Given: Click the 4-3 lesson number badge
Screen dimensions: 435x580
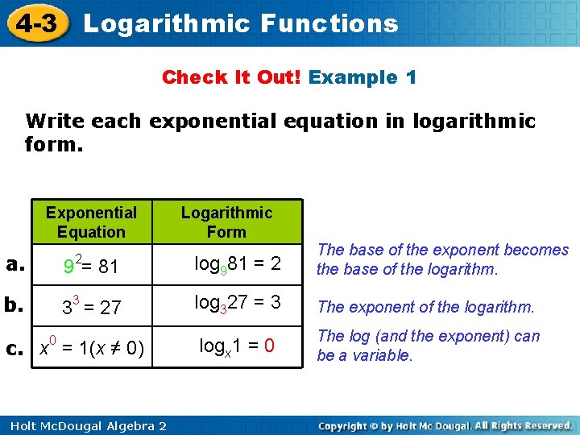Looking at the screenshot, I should (35, 23).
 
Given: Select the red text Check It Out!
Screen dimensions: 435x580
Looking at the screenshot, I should (232, 77).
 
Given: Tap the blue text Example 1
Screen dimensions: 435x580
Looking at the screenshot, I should (362, 77).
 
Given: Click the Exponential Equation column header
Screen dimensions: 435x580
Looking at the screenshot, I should (91, 222).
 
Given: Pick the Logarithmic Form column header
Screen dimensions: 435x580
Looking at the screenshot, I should (226, 222).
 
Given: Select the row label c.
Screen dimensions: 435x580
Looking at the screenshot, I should (14, 348).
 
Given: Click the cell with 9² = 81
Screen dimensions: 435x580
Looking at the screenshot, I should (91, 265).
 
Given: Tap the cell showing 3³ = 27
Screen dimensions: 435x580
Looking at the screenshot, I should (91, 307).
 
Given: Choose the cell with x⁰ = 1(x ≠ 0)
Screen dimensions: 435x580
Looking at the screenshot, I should (92, 347).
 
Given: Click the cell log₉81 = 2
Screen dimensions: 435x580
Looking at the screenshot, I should (239, 264).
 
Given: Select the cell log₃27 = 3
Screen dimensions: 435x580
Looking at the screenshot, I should (239, 304).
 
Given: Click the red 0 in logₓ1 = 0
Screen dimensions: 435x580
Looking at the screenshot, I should (270, 346).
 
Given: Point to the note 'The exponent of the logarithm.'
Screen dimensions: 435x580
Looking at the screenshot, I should (425, 307).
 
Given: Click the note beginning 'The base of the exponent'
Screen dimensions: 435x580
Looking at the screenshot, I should (442, 259).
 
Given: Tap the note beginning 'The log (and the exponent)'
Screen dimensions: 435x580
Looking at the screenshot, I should (428, 346).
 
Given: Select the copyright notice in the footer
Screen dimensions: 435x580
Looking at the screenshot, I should (445, 425).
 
